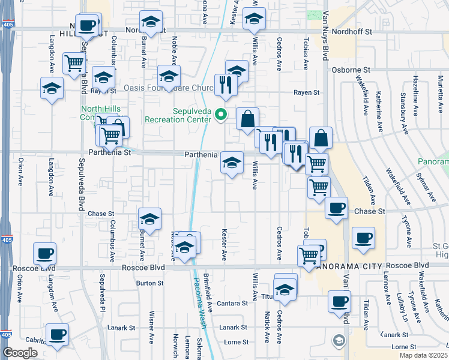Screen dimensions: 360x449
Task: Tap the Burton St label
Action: click(149, 283)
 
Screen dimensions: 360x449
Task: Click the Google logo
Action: click(20, 353)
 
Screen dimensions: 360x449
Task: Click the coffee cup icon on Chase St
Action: click(336, 208)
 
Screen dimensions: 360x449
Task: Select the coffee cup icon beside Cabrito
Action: click(58, 334)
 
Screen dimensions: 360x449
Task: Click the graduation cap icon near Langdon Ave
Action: click(52, 88)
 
